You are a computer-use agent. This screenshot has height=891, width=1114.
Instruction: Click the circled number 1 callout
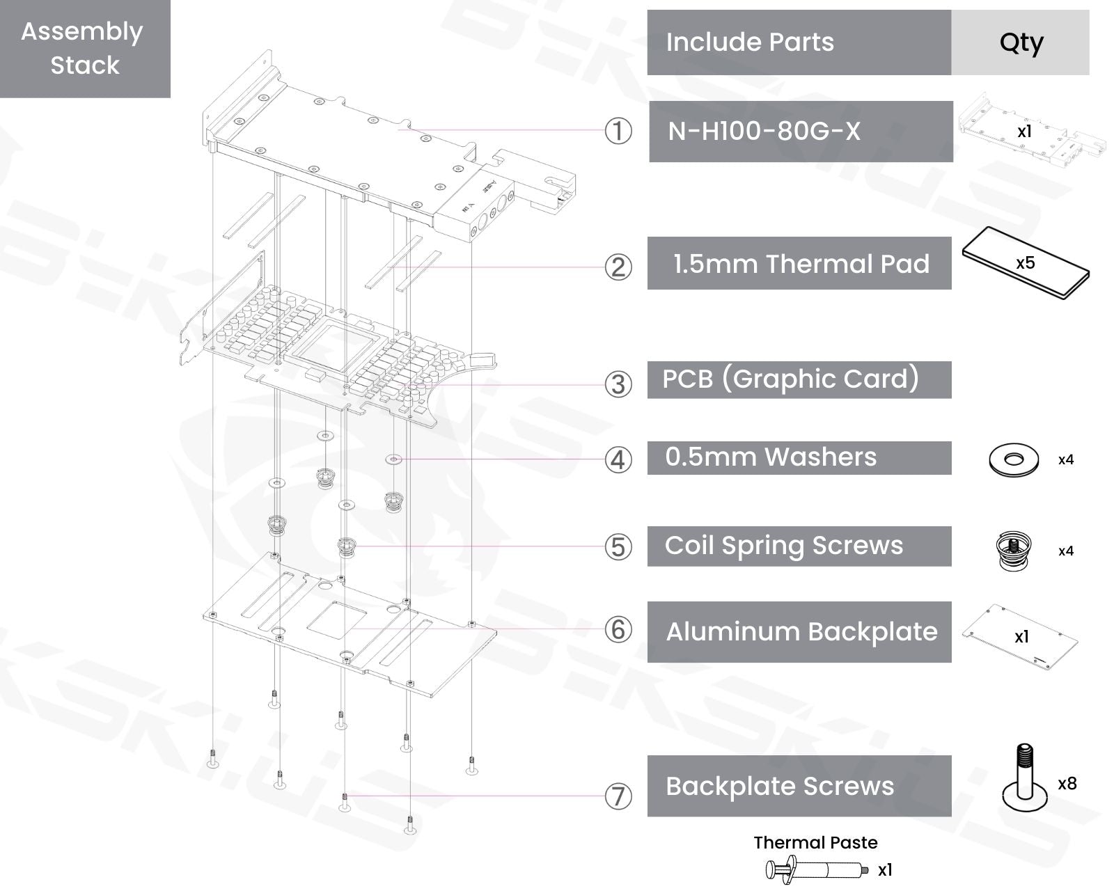click(x=618, y=131)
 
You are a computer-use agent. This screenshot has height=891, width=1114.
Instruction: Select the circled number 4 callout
click(x=618, y=459)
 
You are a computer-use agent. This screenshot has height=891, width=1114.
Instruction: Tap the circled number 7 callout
click(x=618, y=796)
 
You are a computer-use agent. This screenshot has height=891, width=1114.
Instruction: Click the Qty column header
click(x=1020, y=42)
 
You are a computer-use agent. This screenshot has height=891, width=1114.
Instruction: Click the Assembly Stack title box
click(x=84, y=49)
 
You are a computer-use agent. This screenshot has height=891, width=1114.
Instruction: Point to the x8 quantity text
click(x=1067, y=784)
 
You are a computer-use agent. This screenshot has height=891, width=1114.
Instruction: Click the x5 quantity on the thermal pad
click(x=1025, y=263)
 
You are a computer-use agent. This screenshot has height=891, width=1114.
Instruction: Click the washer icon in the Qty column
click(x=1014, y=459)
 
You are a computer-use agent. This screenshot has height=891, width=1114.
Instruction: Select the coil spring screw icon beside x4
click(x=1014, y=551)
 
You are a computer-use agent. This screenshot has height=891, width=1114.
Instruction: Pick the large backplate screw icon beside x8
click(x=1024, y=783)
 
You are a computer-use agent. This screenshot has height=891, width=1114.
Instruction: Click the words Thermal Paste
click(x=815, y=842)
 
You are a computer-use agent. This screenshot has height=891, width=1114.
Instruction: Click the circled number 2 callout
click(x=618, y=267)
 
